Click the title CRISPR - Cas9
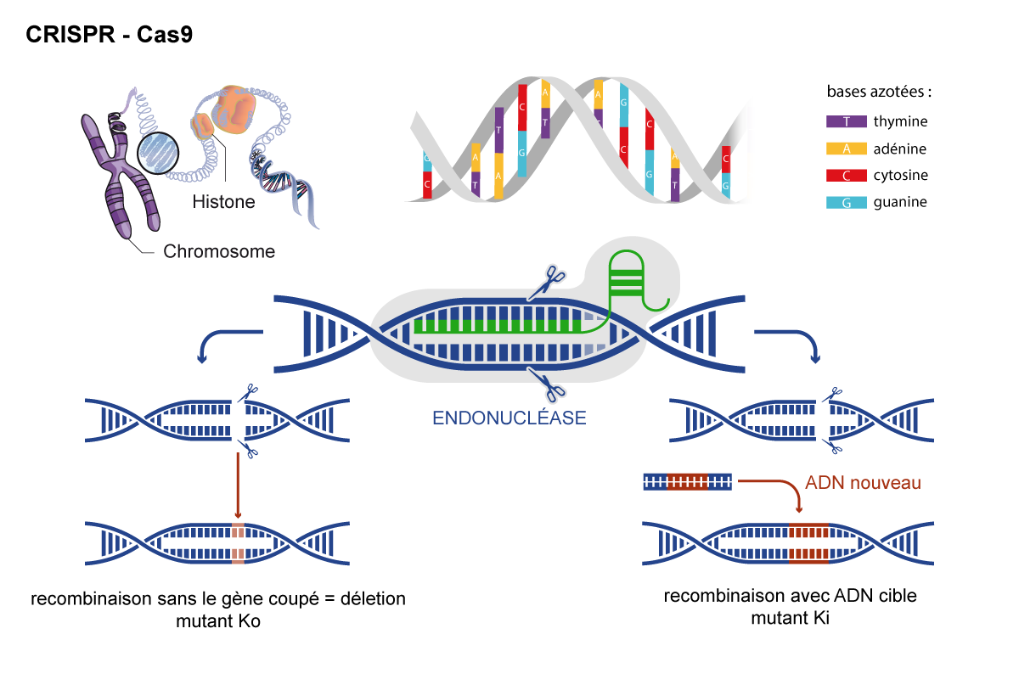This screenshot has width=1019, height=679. point(110,35)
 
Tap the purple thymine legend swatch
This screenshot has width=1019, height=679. point(846,121)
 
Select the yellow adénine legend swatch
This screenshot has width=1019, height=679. point(846,149)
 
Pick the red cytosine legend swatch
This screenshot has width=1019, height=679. point(846,176)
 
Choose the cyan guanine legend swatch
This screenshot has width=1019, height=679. point(846,202)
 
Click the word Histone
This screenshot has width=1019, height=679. point(223,201)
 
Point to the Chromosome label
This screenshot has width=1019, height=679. point(219,251)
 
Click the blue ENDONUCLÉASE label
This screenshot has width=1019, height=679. point(509,418)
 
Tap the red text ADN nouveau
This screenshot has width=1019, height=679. point(863,483)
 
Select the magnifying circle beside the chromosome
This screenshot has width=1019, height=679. point(158,154)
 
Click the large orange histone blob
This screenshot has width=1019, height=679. point(234,109)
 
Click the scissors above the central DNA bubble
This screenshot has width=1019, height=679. point(547,283)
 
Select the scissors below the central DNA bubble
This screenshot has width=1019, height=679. point(547,385)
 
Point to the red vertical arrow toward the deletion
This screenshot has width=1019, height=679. point(238,485)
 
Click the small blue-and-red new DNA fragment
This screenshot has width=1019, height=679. point(687,482)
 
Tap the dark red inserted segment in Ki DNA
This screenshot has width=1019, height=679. point(808,543)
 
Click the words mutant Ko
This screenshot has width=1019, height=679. point(218,621)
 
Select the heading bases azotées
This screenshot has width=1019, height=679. point(878,92)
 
